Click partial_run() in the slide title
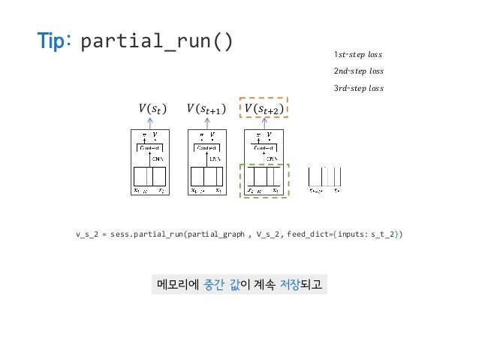(x=155, y=42)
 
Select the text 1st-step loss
(x=358, y=54)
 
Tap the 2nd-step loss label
(x=358, y=71)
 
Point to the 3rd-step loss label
(x=358, y=89)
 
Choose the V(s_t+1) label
(x=206, y=110)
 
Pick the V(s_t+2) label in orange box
(x=264, y=110)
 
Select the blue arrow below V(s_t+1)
(x=206, y=124)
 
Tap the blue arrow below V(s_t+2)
(x=264, y=124)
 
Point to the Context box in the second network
(x=206, y=148)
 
